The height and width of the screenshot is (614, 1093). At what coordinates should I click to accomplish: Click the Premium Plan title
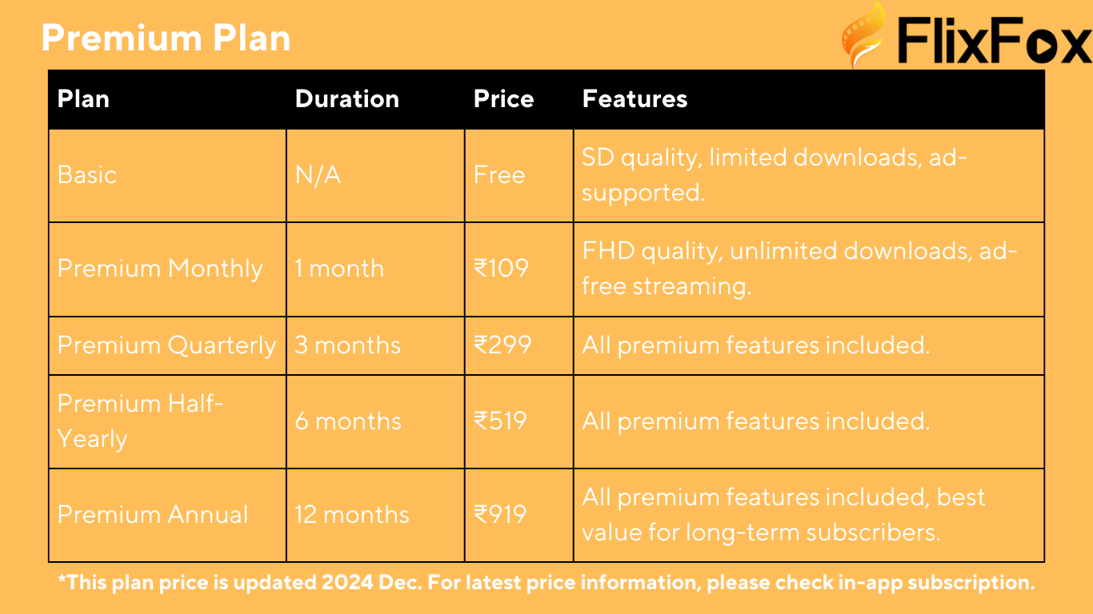166,38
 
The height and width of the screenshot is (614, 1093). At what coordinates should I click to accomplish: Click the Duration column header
347,99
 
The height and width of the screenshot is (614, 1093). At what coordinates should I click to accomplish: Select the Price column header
503,99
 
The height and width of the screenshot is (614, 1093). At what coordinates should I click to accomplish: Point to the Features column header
635,99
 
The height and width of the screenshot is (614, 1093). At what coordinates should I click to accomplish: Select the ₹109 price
501,269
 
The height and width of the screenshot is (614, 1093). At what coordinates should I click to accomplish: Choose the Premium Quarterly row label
167,346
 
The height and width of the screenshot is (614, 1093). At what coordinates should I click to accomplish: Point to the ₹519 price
500,421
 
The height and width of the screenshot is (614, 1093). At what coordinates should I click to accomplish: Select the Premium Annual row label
153,515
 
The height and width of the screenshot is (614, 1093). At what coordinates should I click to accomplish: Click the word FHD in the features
608,251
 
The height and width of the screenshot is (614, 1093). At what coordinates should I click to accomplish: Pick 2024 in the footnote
347,582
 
